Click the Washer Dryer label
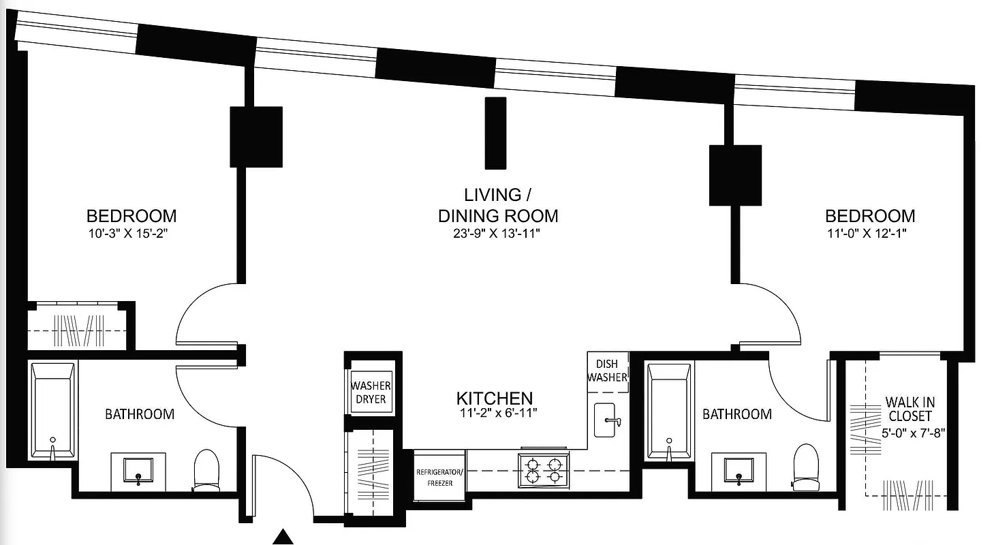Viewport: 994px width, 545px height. (371, 392)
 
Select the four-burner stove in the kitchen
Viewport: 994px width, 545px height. (543, 470)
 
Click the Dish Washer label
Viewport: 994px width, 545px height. (606, 371)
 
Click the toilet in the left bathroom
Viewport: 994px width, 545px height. (205, 470)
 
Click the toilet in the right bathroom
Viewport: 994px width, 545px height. (805, 467)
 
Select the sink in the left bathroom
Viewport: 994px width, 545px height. (138, 471)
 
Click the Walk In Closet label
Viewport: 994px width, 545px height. (909, 409)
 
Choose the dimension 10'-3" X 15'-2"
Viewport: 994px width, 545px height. (131, 232)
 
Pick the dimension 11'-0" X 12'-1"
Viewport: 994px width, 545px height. (870, 232)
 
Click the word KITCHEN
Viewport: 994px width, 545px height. (494, 399)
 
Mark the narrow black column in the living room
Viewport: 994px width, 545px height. (495, 133)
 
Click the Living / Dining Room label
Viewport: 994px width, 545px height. (497, 205)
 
